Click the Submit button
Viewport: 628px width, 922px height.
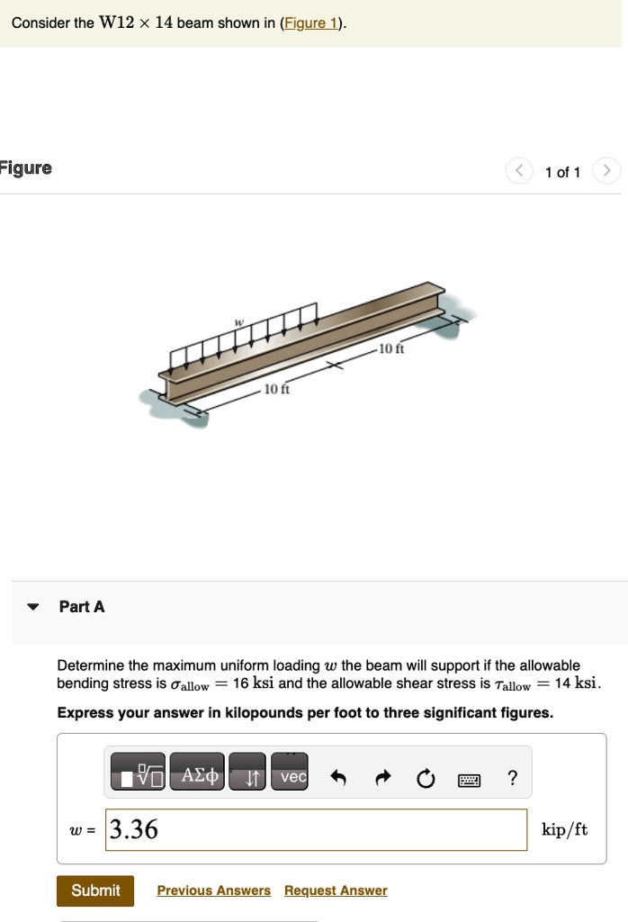pyautogui.click(x=95, y=890)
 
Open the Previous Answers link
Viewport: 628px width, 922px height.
pyautogui.click(x=213, y=890)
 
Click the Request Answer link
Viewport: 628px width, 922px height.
pyautogui.click(x=336, y=890)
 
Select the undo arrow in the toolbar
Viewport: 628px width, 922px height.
pyautogui.click(x=337, y=777)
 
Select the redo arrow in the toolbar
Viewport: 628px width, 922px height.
pyautogui.click(x=381, y=777)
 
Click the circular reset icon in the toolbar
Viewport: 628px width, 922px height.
pyautogui.click(x=425, y=777)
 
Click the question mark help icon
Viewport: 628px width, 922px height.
pyautogui.click(x=512, y=777)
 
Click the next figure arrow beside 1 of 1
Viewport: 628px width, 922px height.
pyautogui.click(x=607, y=171)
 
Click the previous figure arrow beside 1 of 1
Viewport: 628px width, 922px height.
pyautogui.click(x=519, y=171)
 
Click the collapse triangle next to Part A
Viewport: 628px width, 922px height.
pyautogui.click(x=33, y=607)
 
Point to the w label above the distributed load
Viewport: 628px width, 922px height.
pyautogui.click(x=239, y=321)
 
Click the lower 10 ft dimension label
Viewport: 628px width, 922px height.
pyautogui.click(x=274, y=391)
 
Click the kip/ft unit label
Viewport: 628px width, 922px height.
pyautogui.click(x=564, y=829)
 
